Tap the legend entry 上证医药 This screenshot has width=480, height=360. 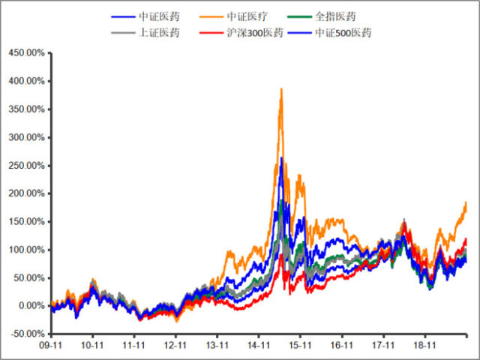pyautogui.click(x=158, y=32)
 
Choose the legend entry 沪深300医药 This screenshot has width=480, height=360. pyautogui.click(x=255, y=32)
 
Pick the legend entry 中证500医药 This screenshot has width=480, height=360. pyautogui.click(x=352, y=32)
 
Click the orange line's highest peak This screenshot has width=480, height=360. pyautogui.click(x=281, y=88)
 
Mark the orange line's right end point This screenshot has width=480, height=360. pyautogui.click(x=466, y=202)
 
